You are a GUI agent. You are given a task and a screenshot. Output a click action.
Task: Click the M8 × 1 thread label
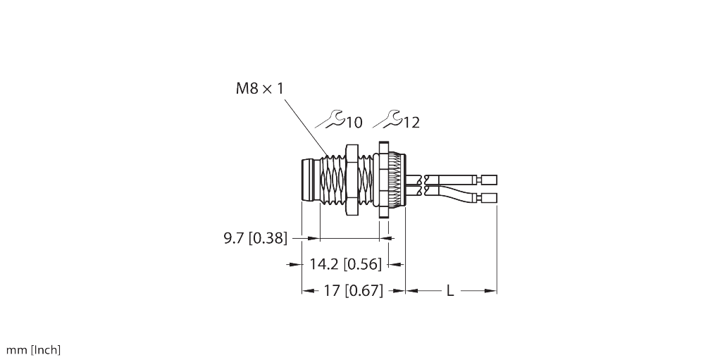pyautogui.click(x=259, y=89)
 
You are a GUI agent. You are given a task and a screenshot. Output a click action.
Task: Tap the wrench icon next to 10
pyautogui.click(x=330, y=120)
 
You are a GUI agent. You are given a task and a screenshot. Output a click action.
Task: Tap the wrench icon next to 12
pyautogui.click(x=387, y=120)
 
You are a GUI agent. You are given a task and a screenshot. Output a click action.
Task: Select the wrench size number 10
pyautogui.click(x=354, y=123)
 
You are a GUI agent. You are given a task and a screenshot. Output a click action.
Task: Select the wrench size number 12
pyautogui.click(x=411, y=123)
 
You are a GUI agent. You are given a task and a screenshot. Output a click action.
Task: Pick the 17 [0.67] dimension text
pyautogui.click(x=353, y=290)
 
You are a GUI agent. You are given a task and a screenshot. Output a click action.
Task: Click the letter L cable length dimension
pyautogui.click(x=450, y=290)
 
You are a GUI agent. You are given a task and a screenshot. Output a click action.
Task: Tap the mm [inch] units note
pyautogui.click(x=33, y=349)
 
